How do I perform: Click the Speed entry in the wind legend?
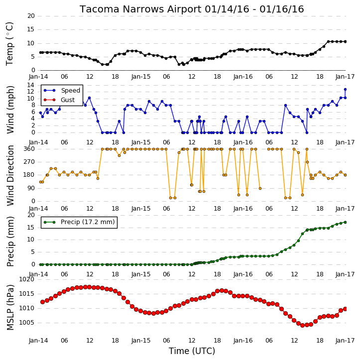coord(70,91)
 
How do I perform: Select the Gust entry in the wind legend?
coord(68,100)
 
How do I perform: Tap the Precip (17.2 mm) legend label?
coord(88,222)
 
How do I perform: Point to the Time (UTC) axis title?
coord(192,351)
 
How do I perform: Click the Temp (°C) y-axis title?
coord(9,44)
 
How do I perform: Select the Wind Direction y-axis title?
coord(10,175)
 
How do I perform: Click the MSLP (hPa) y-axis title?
coord(10,307)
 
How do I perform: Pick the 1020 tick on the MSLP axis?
coord(26,279)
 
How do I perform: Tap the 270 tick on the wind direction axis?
coord(29,162)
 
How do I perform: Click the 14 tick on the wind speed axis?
coord(30,85)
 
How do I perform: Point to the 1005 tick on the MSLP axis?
coord(26,323)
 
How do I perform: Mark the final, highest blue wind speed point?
coord(345,89)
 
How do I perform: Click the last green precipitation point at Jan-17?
coord(345,223)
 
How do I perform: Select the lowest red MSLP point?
coord(302,325)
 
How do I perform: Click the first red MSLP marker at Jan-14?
coord(43,302)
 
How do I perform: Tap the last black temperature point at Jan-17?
coord(345,42)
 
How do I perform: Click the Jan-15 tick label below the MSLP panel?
coord(141,341)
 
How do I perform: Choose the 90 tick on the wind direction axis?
coord(31,188)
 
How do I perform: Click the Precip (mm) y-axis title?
coord(10,241)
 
